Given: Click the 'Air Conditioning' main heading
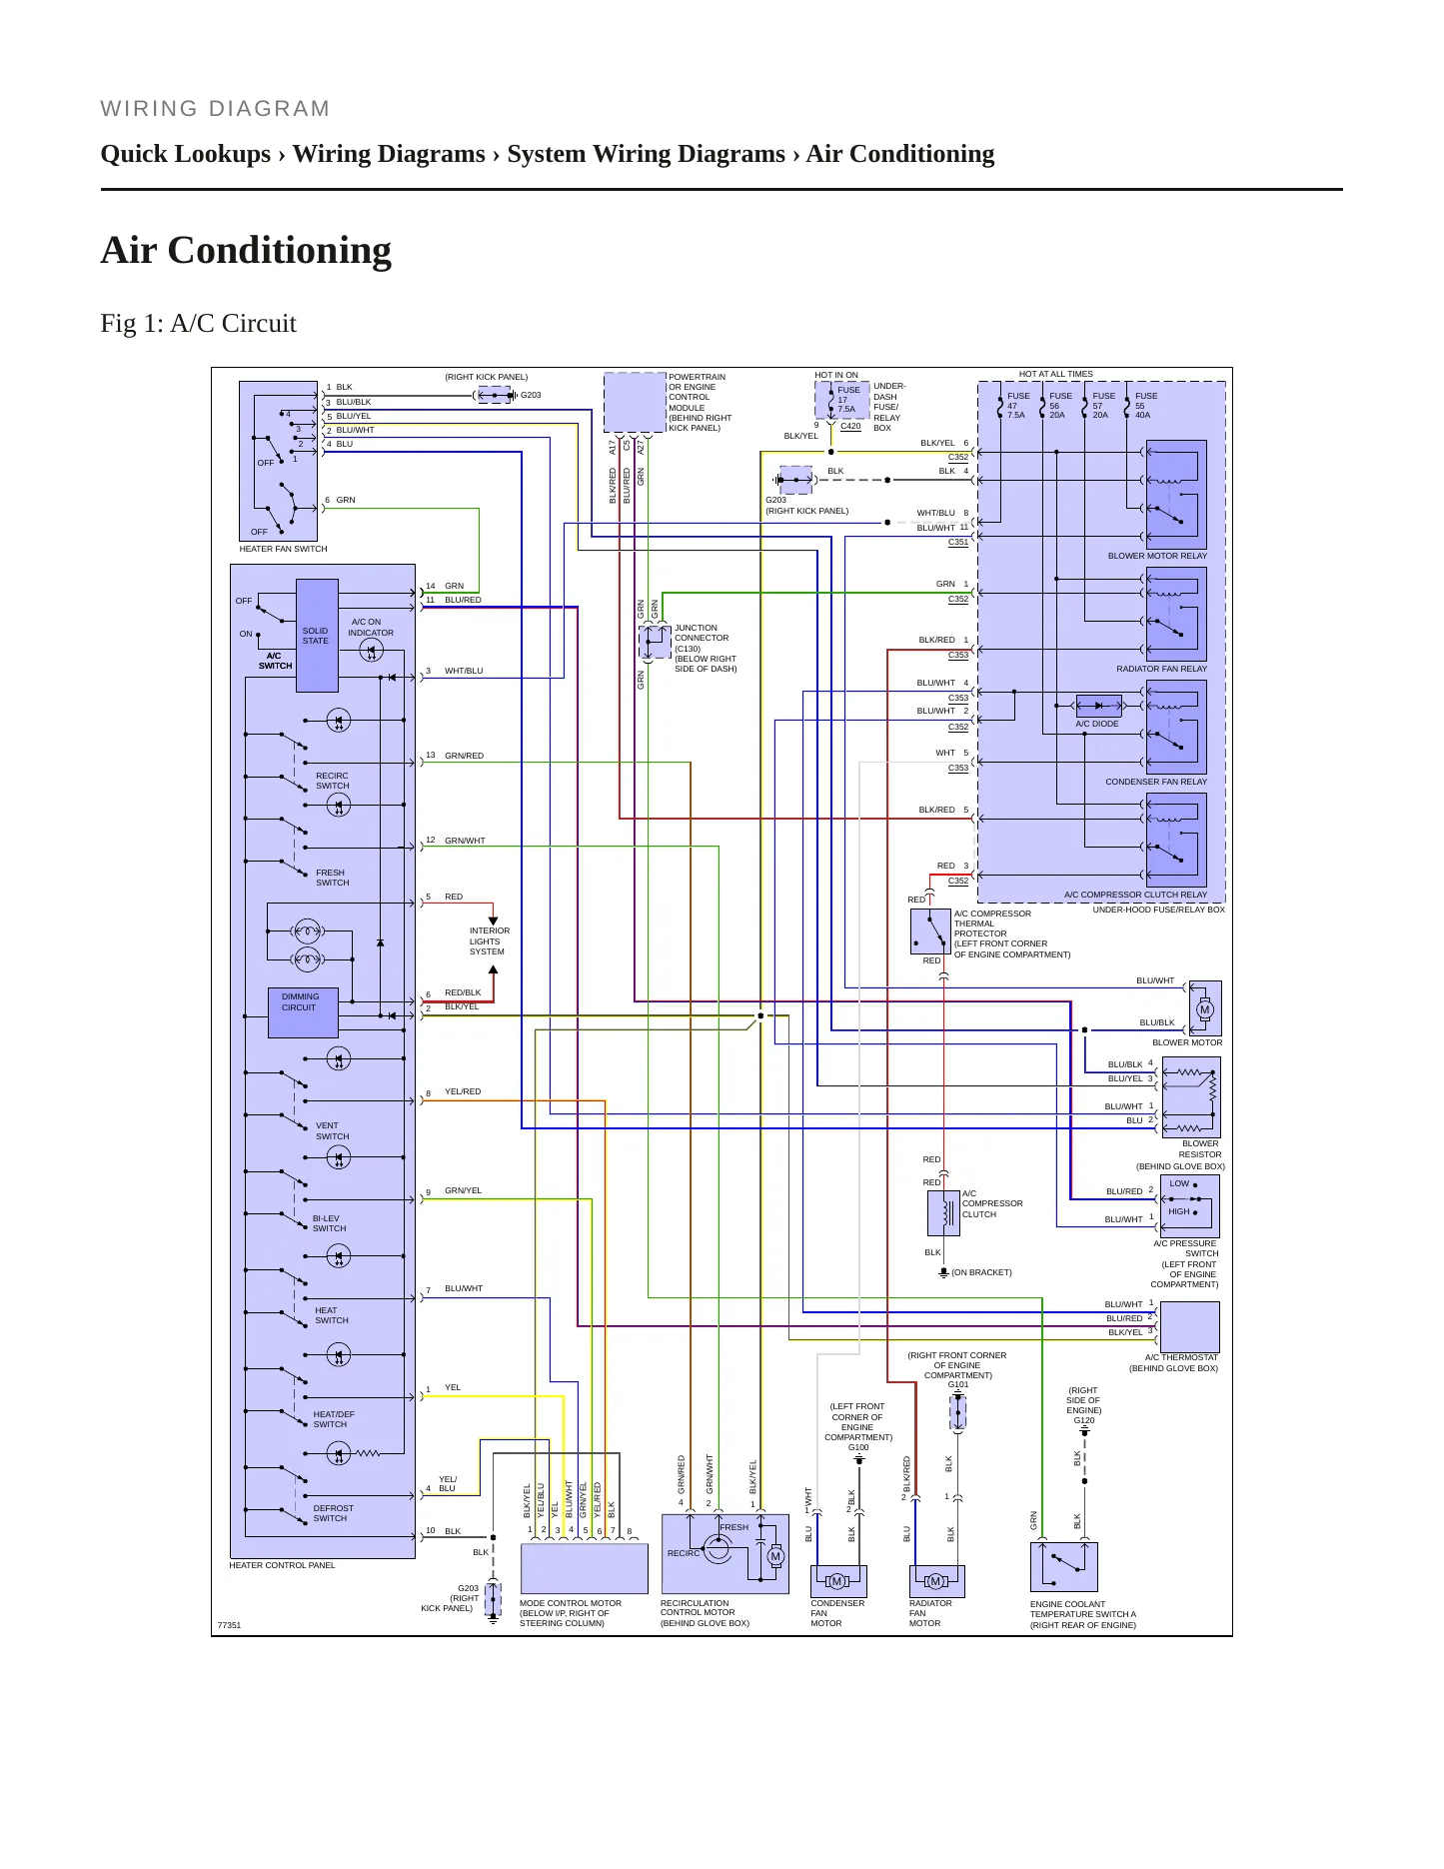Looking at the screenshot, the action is pos(246,250).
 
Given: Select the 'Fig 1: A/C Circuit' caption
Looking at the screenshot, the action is pos(199,324).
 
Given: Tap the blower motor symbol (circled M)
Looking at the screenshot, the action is pos(1204,1009).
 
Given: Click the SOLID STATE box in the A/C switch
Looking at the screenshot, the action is pos(317,636).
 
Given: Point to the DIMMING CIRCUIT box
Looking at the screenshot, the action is pos(303,1012).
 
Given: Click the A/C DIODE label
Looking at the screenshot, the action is pos(1097,724).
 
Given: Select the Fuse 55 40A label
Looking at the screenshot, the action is pos(1145,405).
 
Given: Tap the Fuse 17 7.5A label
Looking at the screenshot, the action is pos(847,400).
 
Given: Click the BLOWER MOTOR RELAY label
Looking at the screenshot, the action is pos(1157,556).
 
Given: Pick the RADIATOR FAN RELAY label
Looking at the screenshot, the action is pos(1161,669).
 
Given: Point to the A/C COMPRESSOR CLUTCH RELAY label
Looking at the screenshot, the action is pos(1135,895).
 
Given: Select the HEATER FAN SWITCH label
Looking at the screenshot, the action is pos(283,549).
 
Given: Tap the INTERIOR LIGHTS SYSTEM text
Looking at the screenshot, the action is pos(490,940).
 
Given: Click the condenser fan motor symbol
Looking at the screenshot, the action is pos(837,1581).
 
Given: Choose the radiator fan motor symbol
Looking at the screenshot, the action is pos(935,1581).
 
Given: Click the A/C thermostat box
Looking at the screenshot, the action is pos(1190,1327).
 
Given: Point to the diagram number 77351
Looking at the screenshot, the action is pos(230,1625).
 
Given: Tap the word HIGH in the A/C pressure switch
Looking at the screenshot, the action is pos(1179,1211).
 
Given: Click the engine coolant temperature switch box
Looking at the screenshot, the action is pos(1064,1567).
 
